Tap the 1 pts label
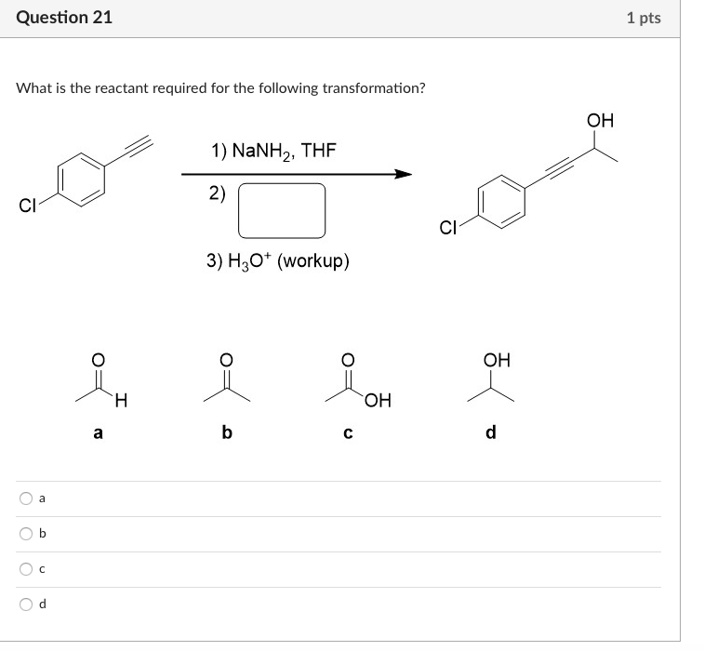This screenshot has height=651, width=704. pyautogui.click(x=644, y=18)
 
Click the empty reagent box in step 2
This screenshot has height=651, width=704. pyautogui.click(x=282, y=210)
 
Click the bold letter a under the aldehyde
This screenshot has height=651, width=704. pyautogui.click(x=99, y=432)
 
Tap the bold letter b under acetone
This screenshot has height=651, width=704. pyautogui.click(x=226, y=432)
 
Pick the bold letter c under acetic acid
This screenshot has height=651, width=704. pyautogui.click(x=348, y=432)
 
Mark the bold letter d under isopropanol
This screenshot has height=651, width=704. pyautogui.click(x=492, y=432)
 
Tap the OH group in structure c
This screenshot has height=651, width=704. pyautogui.click(x=378, y=401)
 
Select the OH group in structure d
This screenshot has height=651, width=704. pyautogui.click(x=498, y=360)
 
